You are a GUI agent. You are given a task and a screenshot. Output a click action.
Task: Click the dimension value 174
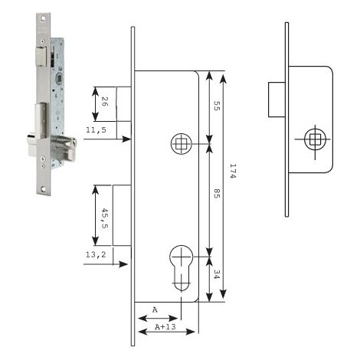[x=233, y=171]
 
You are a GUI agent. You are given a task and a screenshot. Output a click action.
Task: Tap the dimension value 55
[x=217, y=106]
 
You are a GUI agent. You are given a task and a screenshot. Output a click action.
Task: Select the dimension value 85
[x=217, y=194]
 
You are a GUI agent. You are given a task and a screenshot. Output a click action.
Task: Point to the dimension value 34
[x=217, y=274]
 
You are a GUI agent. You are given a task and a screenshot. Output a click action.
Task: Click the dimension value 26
[x=105, y=101]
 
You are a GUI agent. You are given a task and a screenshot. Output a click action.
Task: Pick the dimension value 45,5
[x=105, y=218]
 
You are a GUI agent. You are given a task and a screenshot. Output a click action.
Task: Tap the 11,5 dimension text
[x=96, y=130]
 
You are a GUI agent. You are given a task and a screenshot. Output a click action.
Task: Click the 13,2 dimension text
[x=96, y=254]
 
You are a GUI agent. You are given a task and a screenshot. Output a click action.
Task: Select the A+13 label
[x=165, y=326]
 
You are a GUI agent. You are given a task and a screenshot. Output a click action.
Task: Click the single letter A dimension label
[x=155, y=310]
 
